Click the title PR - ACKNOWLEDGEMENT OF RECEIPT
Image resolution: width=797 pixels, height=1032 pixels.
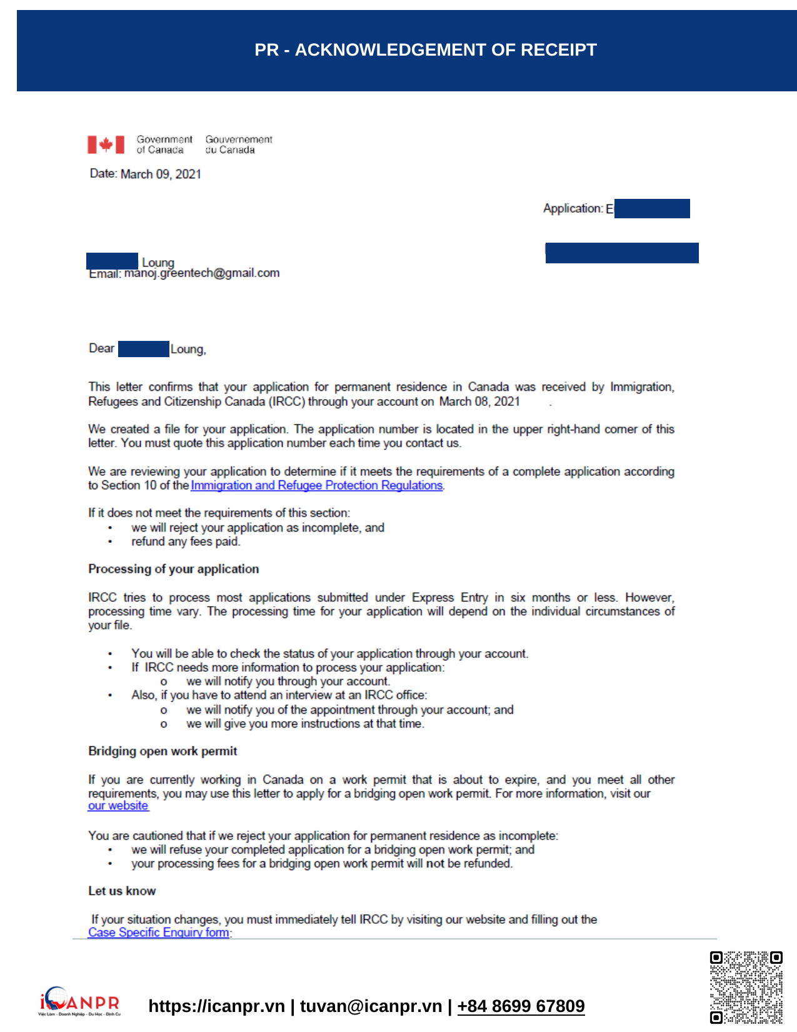click(x=425, y=50)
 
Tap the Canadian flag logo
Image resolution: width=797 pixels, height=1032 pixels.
click(x=106, y=144)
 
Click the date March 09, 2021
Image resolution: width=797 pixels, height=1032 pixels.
click(x=161, y=174)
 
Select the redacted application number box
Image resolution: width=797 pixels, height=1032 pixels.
click(x=652, y=208)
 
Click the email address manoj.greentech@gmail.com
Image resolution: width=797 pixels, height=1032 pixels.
click(x=202, y=273)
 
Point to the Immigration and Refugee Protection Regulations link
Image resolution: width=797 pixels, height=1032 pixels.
click(x=317, y=485)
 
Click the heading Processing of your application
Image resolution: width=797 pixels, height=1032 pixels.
click(x=173, y=569)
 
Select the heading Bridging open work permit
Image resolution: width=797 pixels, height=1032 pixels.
click(x=163, y=751)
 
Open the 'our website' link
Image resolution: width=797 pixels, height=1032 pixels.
click(x=118, y=806)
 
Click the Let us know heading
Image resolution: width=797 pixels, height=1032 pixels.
click(x=122, y=891)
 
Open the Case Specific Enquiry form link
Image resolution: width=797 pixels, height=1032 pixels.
click(x=159, y=933)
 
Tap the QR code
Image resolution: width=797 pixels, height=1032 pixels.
click(x=746, y=987)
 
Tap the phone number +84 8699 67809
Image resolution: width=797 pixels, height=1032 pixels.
click(x=521, y=1006)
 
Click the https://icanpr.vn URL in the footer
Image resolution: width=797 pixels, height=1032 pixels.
click(x=216, y=1006)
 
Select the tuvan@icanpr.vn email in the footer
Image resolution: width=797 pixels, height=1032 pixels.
click(x=371, y=1006)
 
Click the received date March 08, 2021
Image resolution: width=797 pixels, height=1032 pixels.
click(x=479, y=402)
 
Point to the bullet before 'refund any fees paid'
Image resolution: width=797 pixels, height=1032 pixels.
click(x=110, y=542)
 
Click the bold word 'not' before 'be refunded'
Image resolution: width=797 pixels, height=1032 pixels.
click(x=435, y=864)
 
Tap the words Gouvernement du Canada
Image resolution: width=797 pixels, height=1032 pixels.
click(x=239, y=144)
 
